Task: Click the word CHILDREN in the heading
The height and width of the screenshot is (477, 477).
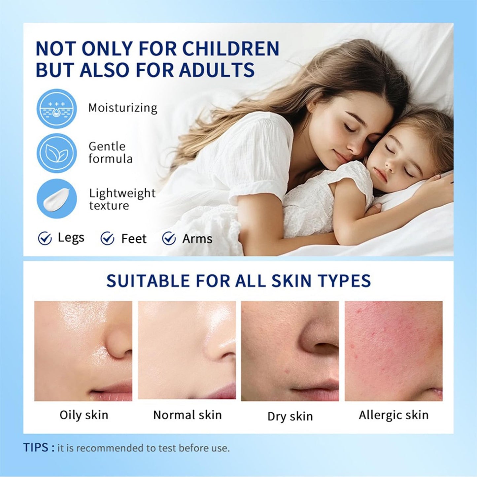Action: click(230, 49)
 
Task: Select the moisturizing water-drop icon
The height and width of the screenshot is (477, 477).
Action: click(56, 109)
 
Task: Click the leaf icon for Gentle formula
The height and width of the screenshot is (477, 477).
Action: click(56, 153)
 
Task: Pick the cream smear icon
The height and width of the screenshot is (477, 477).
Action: click(56, 199)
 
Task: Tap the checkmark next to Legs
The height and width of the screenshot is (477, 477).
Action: click(45, 238)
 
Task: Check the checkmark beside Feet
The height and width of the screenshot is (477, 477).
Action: click(107, 238)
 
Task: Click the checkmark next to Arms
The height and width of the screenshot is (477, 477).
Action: click(169, 238)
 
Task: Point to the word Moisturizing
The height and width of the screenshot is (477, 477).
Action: click(122, 108)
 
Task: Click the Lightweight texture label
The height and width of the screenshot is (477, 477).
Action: click(122, 199)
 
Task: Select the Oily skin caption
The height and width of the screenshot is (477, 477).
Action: click(84, 415)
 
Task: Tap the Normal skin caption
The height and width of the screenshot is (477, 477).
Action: click(187, 415)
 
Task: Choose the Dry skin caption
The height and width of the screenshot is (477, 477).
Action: click(290, 416)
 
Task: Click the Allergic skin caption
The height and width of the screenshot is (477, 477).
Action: click(393, 415)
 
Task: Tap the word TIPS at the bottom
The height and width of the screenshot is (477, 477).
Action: click(36, 448)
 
